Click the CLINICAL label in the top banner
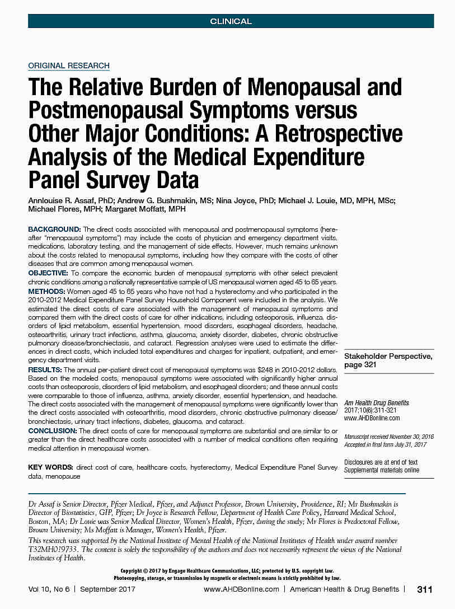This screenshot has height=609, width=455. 231,21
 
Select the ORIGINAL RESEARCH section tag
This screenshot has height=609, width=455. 69,65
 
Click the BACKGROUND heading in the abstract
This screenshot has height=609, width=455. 54,229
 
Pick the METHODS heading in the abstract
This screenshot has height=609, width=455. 47,292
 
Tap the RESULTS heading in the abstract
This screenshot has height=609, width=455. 46,371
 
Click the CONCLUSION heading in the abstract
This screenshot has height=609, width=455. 53,430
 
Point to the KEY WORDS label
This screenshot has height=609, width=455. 51,467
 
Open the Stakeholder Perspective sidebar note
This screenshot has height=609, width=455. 387,360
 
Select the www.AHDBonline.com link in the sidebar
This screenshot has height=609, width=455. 372,418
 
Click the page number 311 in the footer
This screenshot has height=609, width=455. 425,589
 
